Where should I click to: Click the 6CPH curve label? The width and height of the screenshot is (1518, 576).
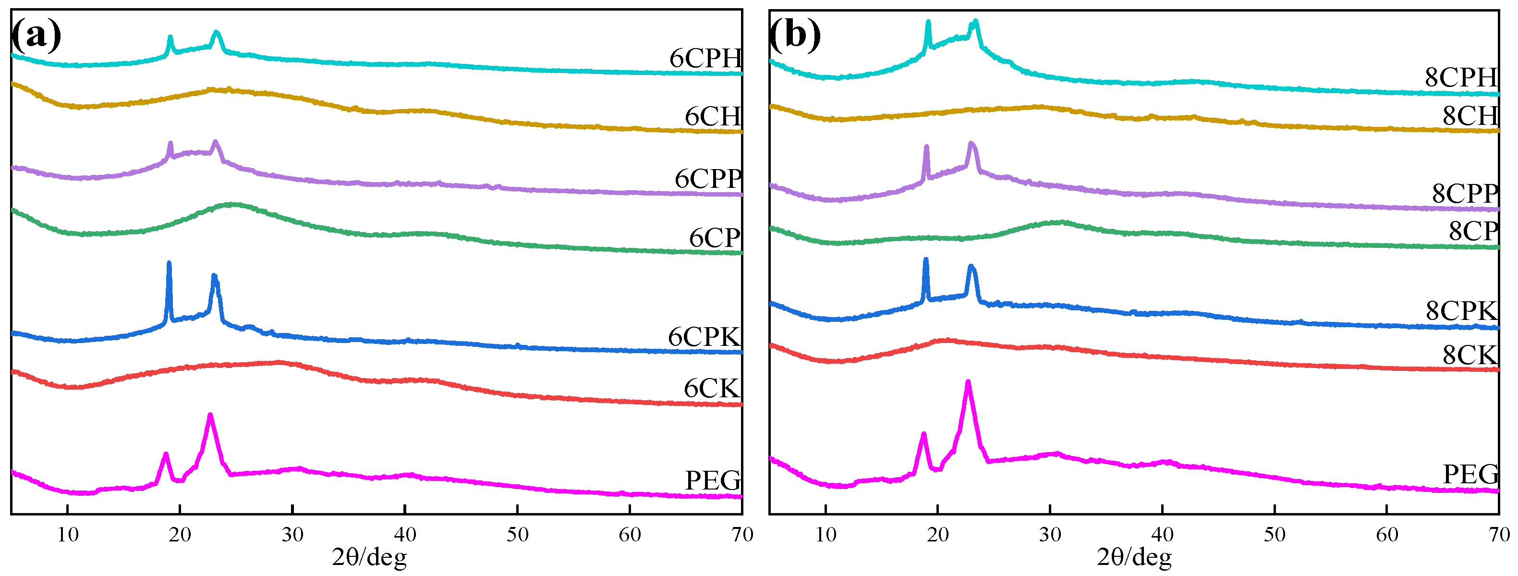pos(705,58)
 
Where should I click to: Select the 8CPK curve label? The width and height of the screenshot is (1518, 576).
pos(1461,311)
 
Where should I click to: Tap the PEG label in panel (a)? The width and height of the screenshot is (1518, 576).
pos(713,480)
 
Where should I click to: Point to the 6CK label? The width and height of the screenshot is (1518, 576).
pos(711,389)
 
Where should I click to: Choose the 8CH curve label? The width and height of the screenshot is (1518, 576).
pos(1469,116)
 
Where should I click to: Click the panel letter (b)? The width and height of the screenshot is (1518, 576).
pos(795,36)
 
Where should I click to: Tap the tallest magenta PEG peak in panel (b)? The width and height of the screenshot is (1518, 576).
pos(968,382)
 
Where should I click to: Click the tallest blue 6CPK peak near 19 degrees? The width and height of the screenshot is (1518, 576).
pos(169,264)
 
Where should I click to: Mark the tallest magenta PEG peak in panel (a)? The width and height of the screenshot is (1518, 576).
pos(210,416)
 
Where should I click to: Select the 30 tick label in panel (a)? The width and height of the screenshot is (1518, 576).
pos(292,535)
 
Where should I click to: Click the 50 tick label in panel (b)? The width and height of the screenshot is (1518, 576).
pos(1275,535)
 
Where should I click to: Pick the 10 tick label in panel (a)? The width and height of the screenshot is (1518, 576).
pos(68,535)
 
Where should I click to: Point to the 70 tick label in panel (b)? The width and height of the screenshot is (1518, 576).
pos(1499,535)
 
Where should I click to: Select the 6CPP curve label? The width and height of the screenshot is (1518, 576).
pos(708,179)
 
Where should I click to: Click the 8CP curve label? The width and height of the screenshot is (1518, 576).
pos(1473,231)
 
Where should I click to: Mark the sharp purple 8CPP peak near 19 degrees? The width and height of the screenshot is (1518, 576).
pos(926,147)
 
